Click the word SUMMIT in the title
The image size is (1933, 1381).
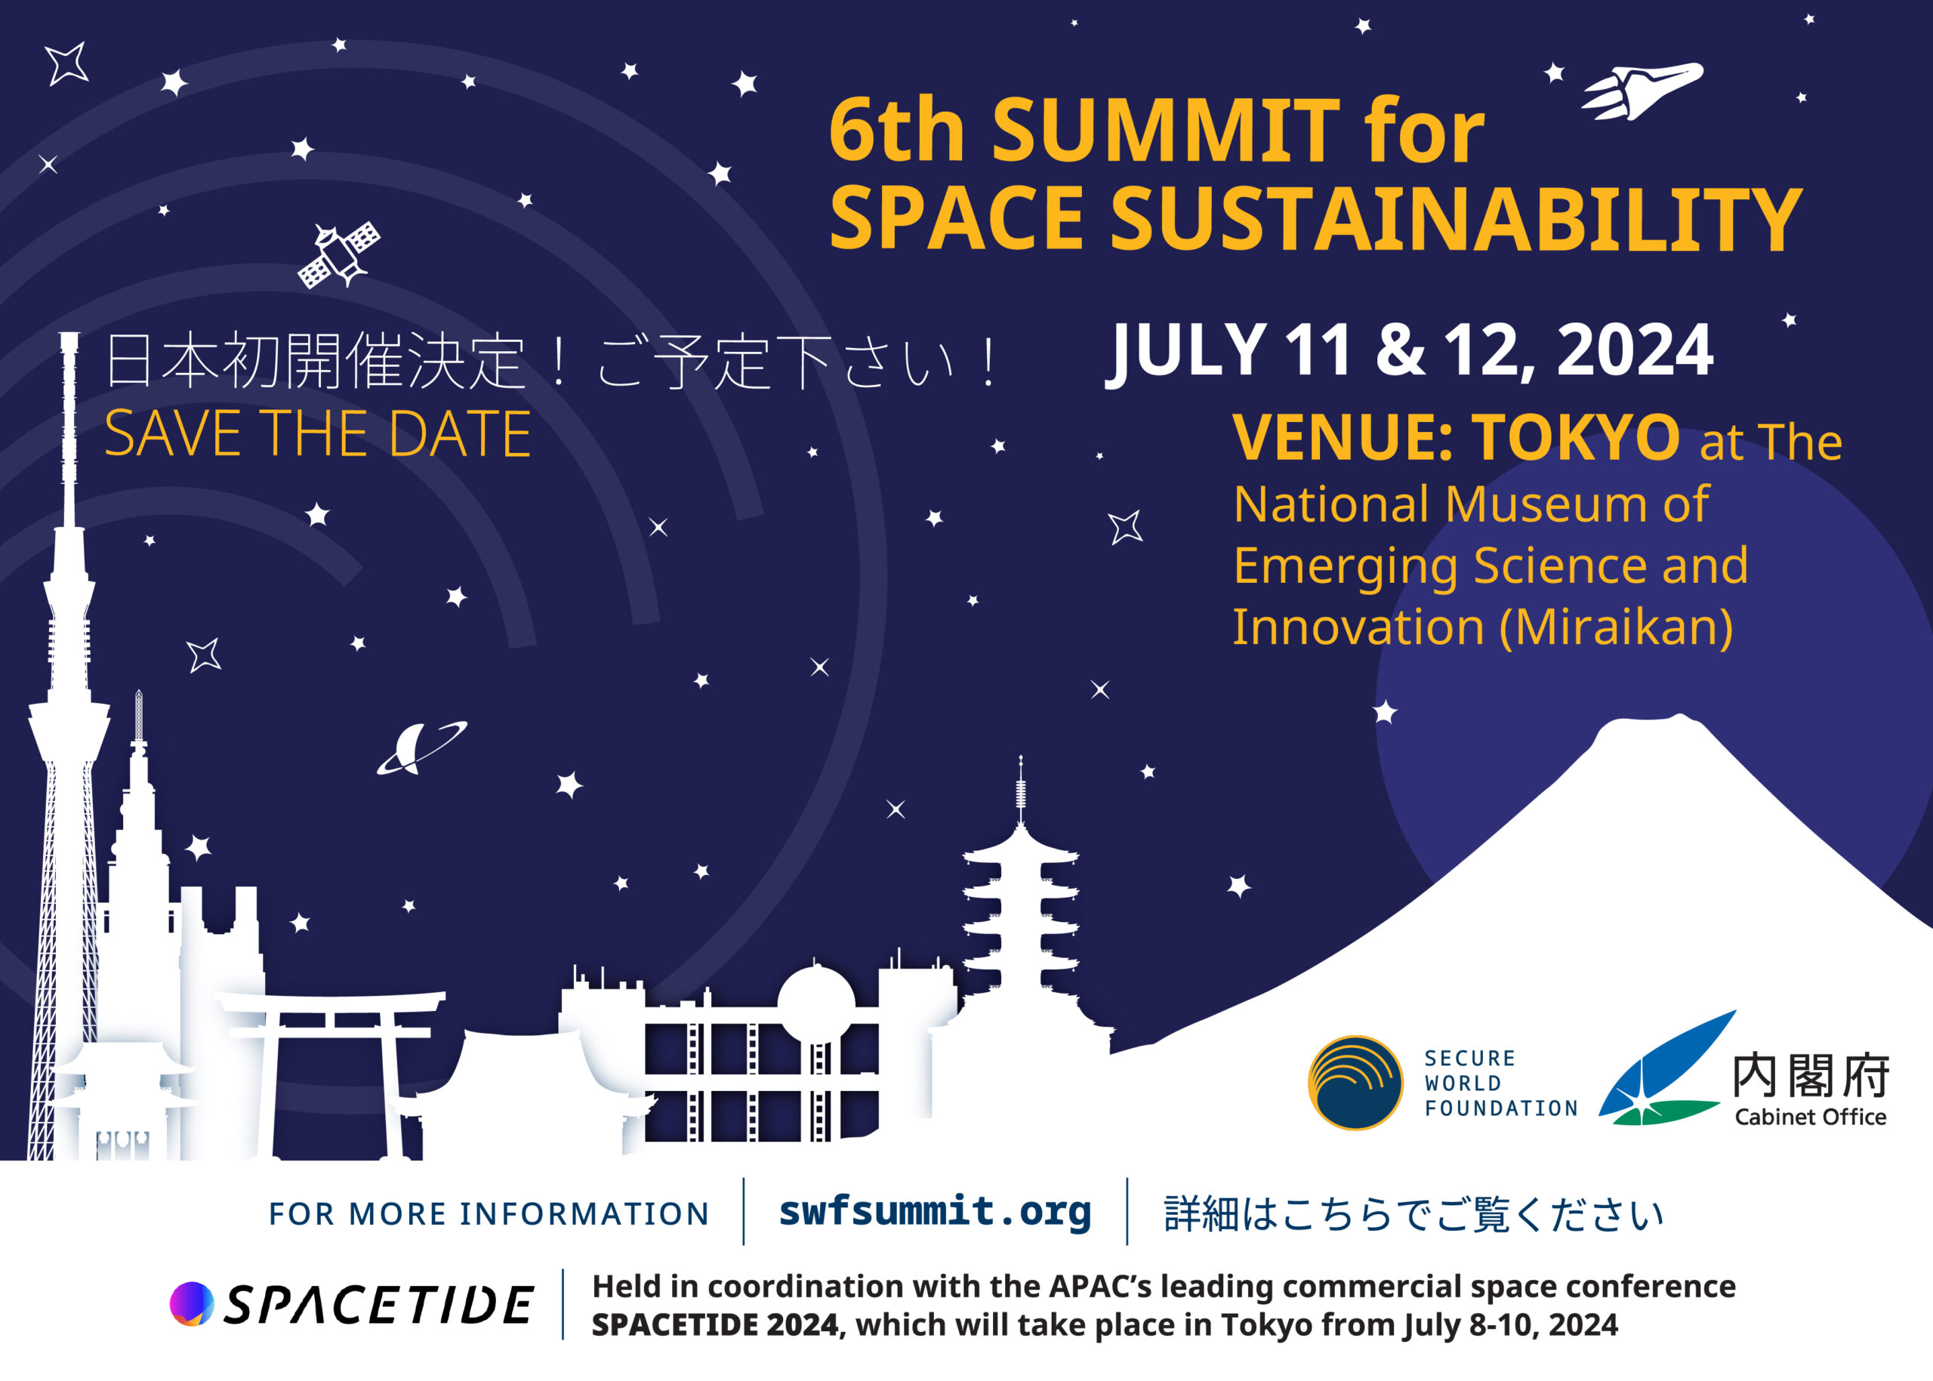1165,130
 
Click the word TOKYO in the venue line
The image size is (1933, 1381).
1576,436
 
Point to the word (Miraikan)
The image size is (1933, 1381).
1616,627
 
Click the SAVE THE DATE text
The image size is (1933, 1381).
318,433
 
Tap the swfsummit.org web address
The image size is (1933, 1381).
935,1211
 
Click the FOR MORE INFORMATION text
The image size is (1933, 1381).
489,1213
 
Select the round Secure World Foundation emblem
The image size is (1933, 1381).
1355,1083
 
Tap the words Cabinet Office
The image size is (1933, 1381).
1811,1117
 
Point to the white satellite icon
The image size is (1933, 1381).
338,254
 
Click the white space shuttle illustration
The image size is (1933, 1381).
1642,89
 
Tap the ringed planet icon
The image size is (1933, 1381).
421,748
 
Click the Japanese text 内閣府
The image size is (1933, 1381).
1811,1075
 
